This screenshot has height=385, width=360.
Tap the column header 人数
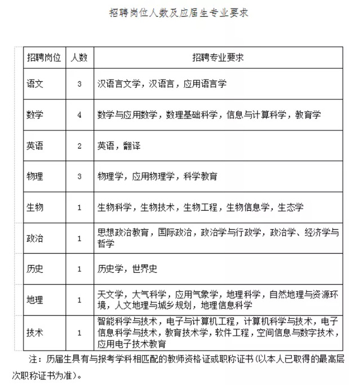79,58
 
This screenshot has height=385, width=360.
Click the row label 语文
35,83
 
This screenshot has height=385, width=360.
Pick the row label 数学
35,114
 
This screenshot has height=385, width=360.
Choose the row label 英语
35,145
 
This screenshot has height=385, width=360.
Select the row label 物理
35,176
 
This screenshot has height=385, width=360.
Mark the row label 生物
35,207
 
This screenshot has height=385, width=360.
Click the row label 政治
35,238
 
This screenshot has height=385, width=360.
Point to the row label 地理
35,300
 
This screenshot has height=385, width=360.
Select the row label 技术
35,332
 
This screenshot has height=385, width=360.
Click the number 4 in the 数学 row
79,114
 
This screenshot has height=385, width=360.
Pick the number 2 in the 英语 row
79,145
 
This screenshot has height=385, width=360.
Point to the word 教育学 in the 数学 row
308,114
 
